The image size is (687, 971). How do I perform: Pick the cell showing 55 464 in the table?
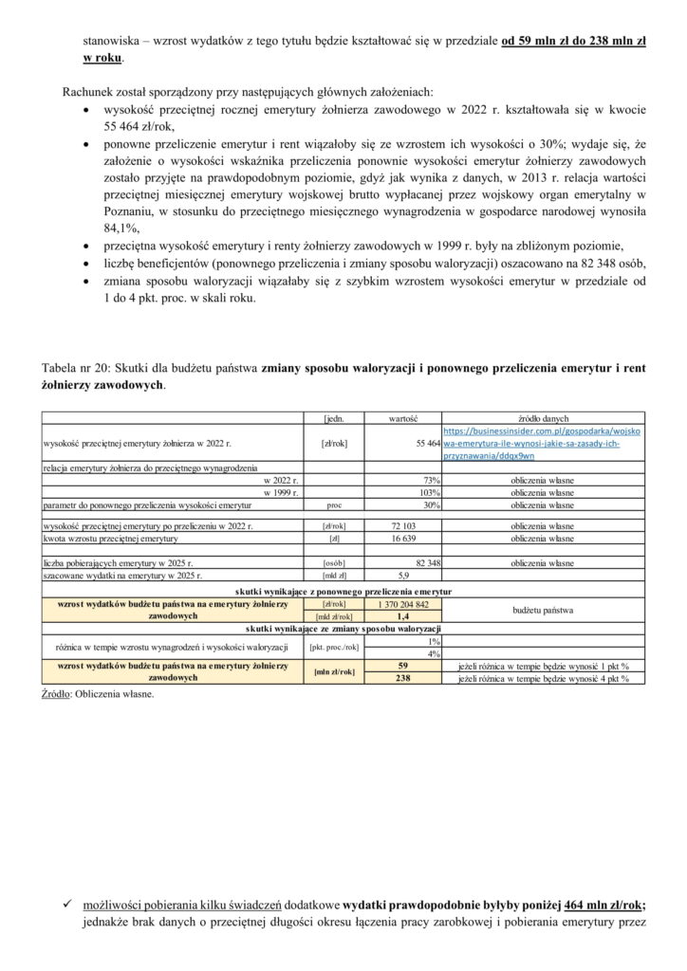pos(427,443)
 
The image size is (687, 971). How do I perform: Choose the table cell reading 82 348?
pos(424,563)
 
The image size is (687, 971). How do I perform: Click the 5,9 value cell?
pos(402,576)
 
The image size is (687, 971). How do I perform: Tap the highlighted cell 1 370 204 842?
pos(402,604)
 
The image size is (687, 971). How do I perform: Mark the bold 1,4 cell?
pos(402,615)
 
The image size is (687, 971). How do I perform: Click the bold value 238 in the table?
pos(402,679)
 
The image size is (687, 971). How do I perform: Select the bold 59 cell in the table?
pos(402,666)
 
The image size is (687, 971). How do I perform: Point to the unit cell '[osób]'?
pos(333,563)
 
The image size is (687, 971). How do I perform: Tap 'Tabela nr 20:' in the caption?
pos(75,368)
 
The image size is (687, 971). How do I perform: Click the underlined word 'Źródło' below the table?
pos(60,694)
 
